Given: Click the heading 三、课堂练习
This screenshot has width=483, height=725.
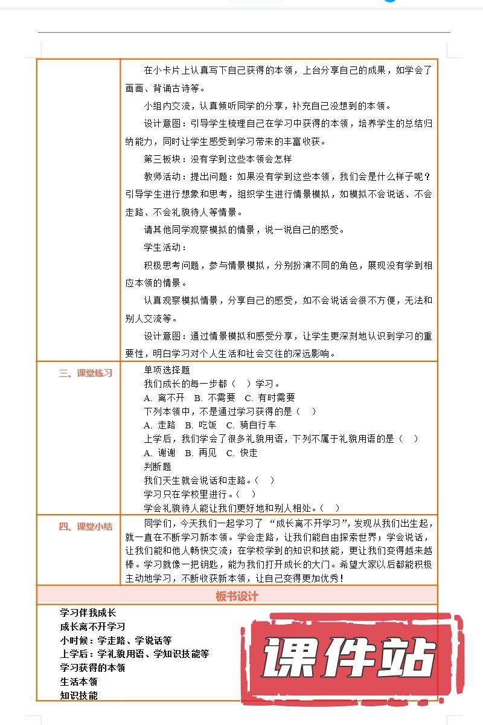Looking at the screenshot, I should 86,373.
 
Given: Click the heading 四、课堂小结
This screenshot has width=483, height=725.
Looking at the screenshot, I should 86,526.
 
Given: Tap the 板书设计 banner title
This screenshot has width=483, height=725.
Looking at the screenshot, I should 237,596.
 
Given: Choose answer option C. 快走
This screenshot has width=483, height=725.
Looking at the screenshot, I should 242,453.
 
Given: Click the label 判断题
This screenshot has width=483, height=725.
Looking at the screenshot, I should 158,466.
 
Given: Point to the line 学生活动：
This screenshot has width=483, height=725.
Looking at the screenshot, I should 165,247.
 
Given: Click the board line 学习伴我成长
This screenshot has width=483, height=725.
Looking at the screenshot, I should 88,613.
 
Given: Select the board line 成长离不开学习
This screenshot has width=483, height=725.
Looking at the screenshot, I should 93,627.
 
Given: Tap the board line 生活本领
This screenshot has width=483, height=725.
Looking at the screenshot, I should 79,681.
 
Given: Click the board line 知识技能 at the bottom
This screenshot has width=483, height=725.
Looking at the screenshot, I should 79,695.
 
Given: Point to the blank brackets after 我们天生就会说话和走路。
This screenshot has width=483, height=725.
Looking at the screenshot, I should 265,480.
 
